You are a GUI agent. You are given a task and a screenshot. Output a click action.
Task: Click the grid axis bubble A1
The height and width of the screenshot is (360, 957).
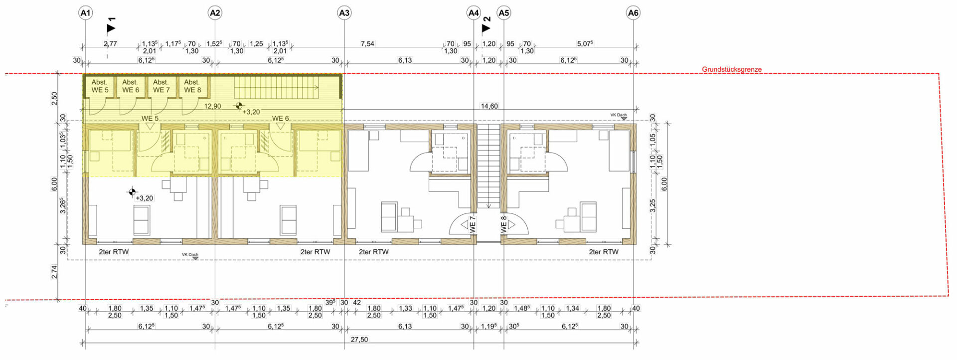click(x=86, y=13)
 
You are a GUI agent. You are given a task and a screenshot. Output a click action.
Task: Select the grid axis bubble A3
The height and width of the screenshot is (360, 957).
click(x=344, y=13)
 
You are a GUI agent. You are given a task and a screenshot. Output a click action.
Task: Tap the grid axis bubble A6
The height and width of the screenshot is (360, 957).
click(x=633, y=13)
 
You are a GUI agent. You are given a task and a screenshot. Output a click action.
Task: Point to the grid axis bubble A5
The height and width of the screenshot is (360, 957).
click(x=504, y=13)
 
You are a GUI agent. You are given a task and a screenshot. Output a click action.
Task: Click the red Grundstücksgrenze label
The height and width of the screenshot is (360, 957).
click(x=732, y=69)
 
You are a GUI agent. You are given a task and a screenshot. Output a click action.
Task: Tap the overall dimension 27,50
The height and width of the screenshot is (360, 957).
click(x=359, y=340)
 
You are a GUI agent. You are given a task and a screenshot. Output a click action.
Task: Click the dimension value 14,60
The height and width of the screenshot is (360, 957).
click(x=489, y=106)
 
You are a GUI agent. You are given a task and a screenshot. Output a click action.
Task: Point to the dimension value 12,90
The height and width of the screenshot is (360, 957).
click(x=212, y=106)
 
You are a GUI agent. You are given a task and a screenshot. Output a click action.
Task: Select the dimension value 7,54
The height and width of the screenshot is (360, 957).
click(x=367, y=44)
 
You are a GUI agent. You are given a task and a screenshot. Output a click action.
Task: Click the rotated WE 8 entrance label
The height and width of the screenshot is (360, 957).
click(x=504, y=224)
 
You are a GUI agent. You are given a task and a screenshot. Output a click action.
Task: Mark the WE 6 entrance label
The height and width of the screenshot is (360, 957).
click(x=280, y=118)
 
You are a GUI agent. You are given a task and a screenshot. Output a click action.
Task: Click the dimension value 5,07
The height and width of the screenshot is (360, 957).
click(x=585, y=44)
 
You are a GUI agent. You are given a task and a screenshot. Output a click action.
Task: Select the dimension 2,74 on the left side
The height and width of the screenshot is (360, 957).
click(x=54, y=272)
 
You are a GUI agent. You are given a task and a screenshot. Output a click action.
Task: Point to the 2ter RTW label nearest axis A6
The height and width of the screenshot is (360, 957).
click(x=604, y=252)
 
